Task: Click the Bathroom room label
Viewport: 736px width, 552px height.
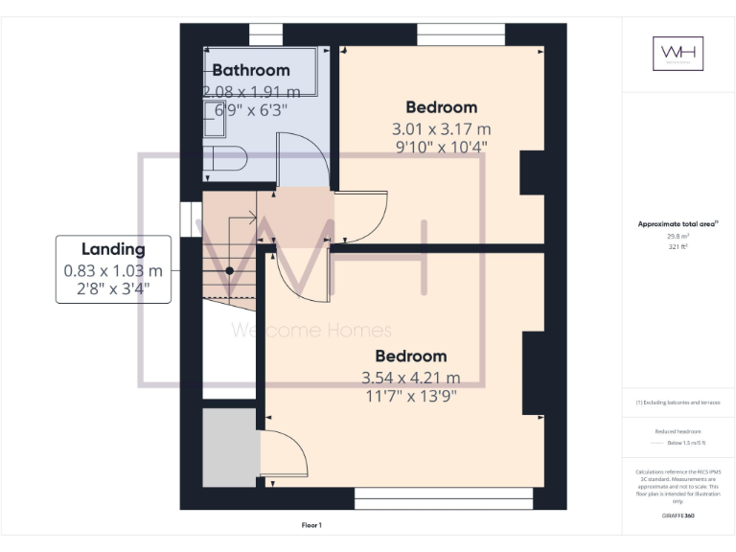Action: tap(251, 70)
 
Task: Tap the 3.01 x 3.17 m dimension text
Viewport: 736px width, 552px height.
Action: tap(441, 128)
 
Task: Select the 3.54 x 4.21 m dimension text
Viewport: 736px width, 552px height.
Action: tap(410, 377)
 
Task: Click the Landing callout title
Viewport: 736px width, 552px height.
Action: tap(113, 249)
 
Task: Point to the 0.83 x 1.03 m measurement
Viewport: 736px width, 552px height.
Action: tap(113, 270)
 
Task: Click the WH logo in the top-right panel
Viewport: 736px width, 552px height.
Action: tap(678, 53)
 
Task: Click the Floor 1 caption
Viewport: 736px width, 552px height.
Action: tap(312, 525)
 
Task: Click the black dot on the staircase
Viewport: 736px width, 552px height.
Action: tap(230, 271)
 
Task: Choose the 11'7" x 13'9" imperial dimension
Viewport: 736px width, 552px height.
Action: tap(410, 396)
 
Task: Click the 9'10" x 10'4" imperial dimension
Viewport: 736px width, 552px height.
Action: tap(441, 148)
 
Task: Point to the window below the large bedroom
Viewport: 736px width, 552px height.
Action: tap(443, 498)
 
